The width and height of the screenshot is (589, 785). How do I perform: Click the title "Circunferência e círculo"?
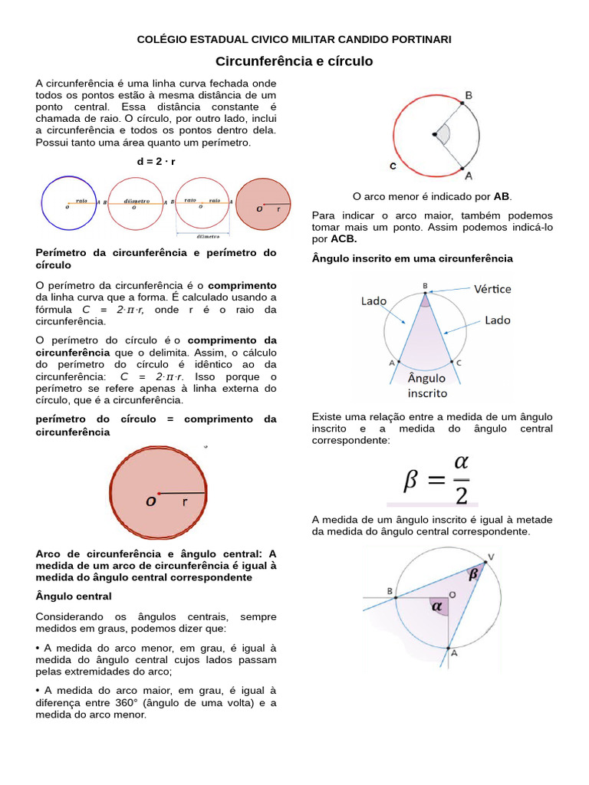(294, 61)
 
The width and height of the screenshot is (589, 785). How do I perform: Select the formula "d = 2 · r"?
(156, 162)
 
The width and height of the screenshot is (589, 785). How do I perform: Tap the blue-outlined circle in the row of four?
(68, 202)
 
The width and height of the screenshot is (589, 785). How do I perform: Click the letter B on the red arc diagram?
(468, 96)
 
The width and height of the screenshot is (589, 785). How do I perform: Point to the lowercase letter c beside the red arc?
(393, 166)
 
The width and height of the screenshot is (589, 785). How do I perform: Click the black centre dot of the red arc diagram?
(434, 135)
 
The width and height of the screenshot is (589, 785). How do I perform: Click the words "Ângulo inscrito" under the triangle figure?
(426, 386)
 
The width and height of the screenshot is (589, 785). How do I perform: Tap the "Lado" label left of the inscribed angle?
(374, 301)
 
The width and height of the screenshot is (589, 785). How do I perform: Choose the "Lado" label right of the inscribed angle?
(497, 320)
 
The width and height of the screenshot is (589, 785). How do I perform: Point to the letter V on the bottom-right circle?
(491, 557)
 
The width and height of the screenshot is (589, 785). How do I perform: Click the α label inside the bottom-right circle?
(438, 606)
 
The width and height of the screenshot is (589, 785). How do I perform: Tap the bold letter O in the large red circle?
(151, 502)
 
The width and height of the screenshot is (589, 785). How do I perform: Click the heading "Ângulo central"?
(74, 596)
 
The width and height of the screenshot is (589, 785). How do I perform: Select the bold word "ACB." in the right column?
(344, 239)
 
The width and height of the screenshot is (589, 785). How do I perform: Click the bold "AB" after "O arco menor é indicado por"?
(502, 197)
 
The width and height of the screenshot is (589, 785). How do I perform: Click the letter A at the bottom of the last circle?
(454, 653)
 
